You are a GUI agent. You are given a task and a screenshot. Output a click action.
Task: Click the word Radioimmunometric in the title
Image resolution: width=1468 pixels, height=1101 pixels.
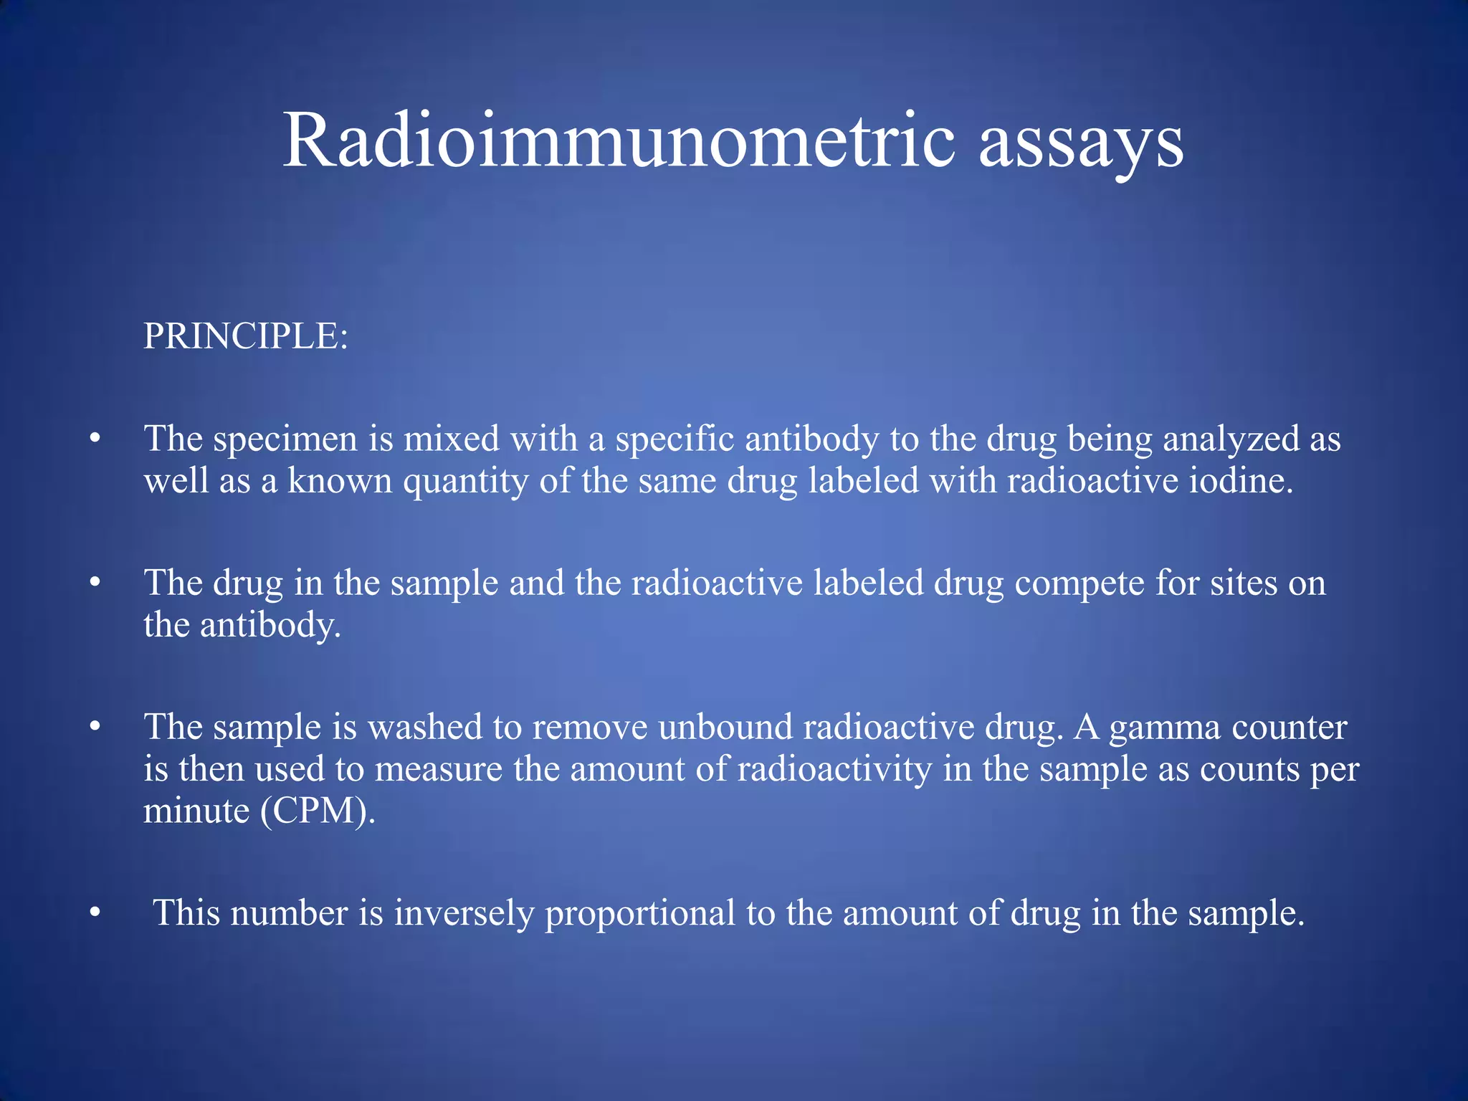tap(619, 140)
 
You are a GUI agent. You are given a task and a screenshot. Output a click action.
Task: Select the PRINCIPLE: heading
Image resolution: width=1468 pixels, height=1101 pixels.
tap(246, 335)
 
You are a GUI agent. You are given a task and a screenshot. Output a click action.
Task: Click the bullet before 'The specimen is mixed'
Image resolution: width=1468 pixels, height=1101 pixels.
tap(95, 438)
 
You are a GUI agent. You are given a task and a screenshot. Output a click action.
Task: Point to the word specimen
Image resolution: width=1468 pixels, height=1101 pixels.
tap(285, 439)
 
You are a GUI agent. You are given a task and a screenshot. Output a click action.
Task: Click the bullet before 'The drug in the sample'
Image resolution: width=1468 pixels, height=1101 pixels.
tap(95, 583)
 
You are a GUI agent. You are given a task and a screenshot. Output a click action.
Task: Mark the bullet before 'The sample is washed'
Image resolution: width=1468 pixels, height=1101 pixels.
tap(95, 727)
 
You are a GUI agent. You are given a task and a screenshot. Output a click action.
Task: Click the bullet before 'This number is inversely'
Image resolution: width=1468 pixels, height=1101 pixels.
tap(95, 913)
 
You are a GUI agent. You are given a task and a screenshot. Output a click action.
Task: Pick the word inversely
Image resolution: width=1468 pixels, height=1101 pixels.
tap(464, 914)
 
